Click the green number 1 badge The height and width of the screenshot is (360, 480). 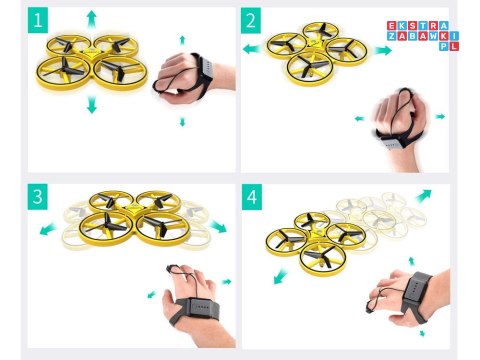[x=38, y=20]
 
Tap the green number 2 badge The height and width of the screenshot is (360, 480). [x=251, y=20]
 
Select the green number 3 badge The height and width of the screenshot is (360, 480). [x=38, y=197]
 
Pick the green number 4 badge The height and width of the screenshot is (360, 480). [x=252, y=197]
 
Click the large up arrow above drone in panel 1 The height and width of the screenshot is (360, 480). [x=92, y=19]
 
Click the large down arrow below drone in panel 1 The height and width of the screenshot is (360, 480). [x=92, y=104]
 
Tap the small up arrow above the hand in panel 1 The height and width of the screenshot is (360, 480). [x=182, y=40]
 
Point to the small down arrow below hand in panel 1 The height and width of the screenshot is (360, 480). [x=182, y=122]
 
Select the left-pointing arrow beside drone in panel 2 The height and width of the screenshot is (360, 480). [x=252, y=49]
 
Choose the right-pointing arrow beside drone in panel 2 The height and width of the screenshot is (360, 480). [x=383, y=50]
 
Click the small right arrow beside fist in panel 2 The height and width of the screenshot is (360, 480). [x=440, y=116]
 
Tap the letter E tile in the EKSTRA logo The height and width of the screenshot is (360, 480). [x=392, y=26]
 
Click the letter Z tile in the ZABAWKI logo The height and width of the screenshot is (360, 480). [x=392, y=36]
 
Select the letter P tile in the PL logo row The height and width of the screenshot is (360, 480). [x=444, y=46]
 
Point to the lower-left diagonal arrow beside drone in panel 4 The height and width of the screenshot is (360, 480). [x=280, y=276]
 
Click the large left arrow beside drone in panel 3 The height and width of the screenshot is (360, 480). [x=48, y=229]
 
